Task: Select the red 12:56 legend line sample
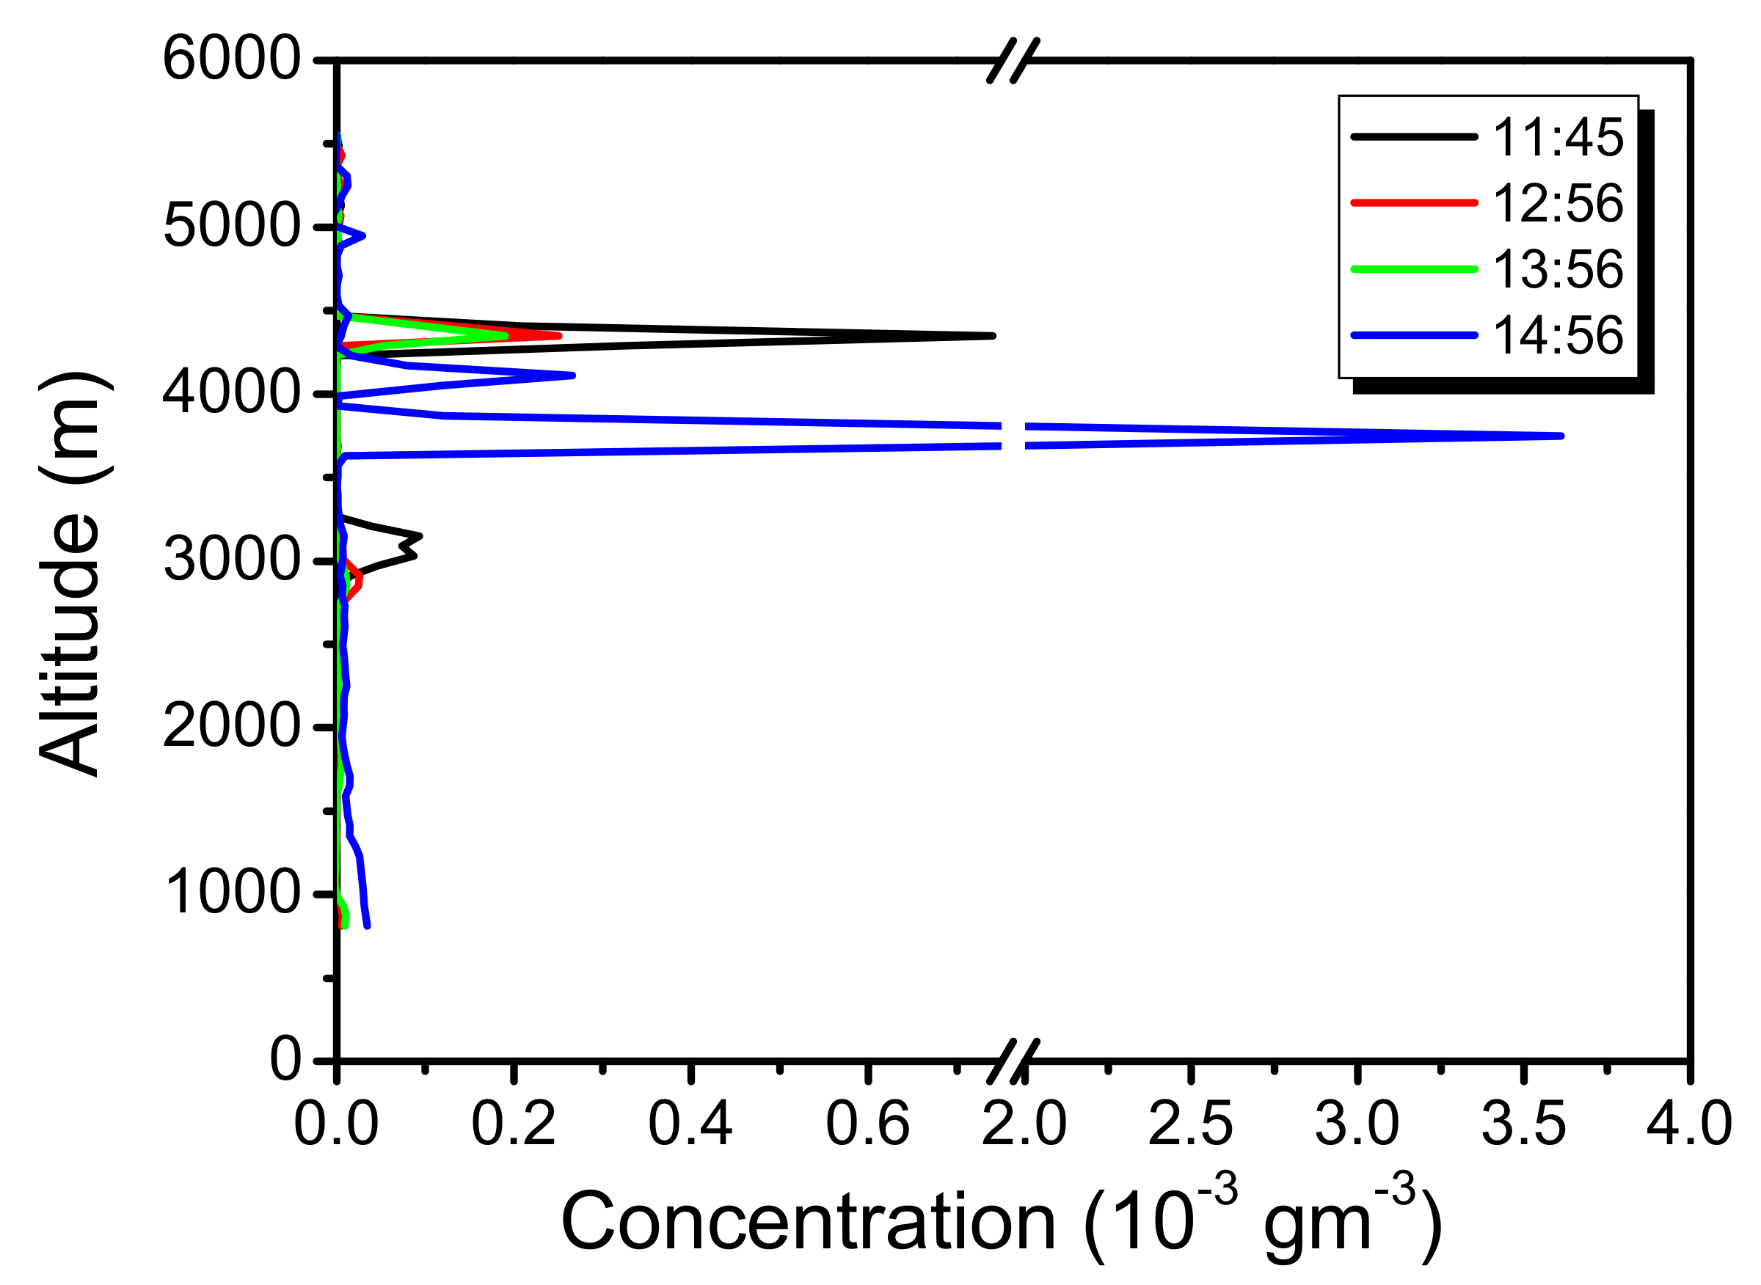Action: click(1414, 203)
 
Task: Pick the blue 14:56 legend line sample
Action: click(1414, 335)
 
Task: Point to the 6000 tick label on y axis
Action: click(231, 59)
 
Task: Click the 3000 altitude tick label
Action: click(231, 560)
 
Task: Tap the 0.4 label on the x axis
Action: click(690, 1125)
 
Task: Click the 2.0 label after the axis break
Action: click(1024, 1125)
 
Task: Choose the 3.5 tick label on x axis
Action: click(1523, 1125)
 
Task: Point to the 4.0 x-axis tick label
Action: click(1689, 1125)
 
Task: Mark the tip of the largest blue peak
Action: click(1561, 436)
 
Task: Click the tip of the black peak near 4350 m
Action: click(993, 336)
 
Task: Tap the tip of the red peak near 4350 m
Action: click(558, 336)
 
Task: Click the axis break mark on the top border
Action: click(1013, 61)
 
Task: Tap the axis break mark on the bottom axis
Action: click(1013, 1062)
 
